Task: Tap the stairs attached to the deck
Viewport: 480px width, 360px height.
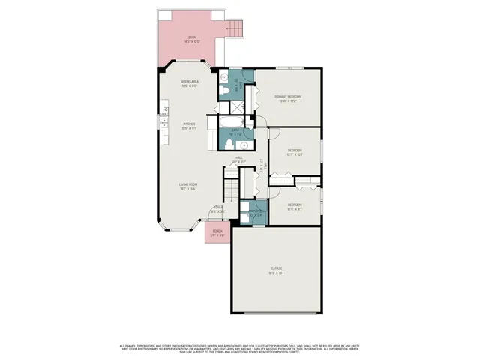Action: pyautogui.click(x=236, y=28)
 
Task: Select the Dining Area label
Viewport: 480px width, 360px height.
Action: pyautogui.click(x=189, y=83)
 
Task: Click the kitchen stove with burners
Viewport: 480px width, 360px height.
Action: pyautogui.click(x=163, y=114)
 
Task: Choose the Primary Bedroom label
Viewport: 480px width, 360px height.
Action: pyautogui.click(x=286, y=98)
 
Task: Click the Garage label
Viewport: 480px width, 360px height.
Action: pyautogui.click(x=277, y=271)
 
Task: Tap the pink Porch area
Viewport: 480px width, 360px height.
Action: pyautogui.click(x=217, y=233)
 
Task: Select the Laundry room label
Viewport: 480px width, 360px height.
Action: pyautogui.click(x=257, y=212)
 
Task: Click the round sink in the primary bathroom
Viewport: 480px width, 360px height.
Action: pyautogui.click(x=223, y=77)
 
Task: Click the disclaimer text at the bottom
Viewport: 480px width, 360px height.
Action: pyautogui.click(x=240, y=348)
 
